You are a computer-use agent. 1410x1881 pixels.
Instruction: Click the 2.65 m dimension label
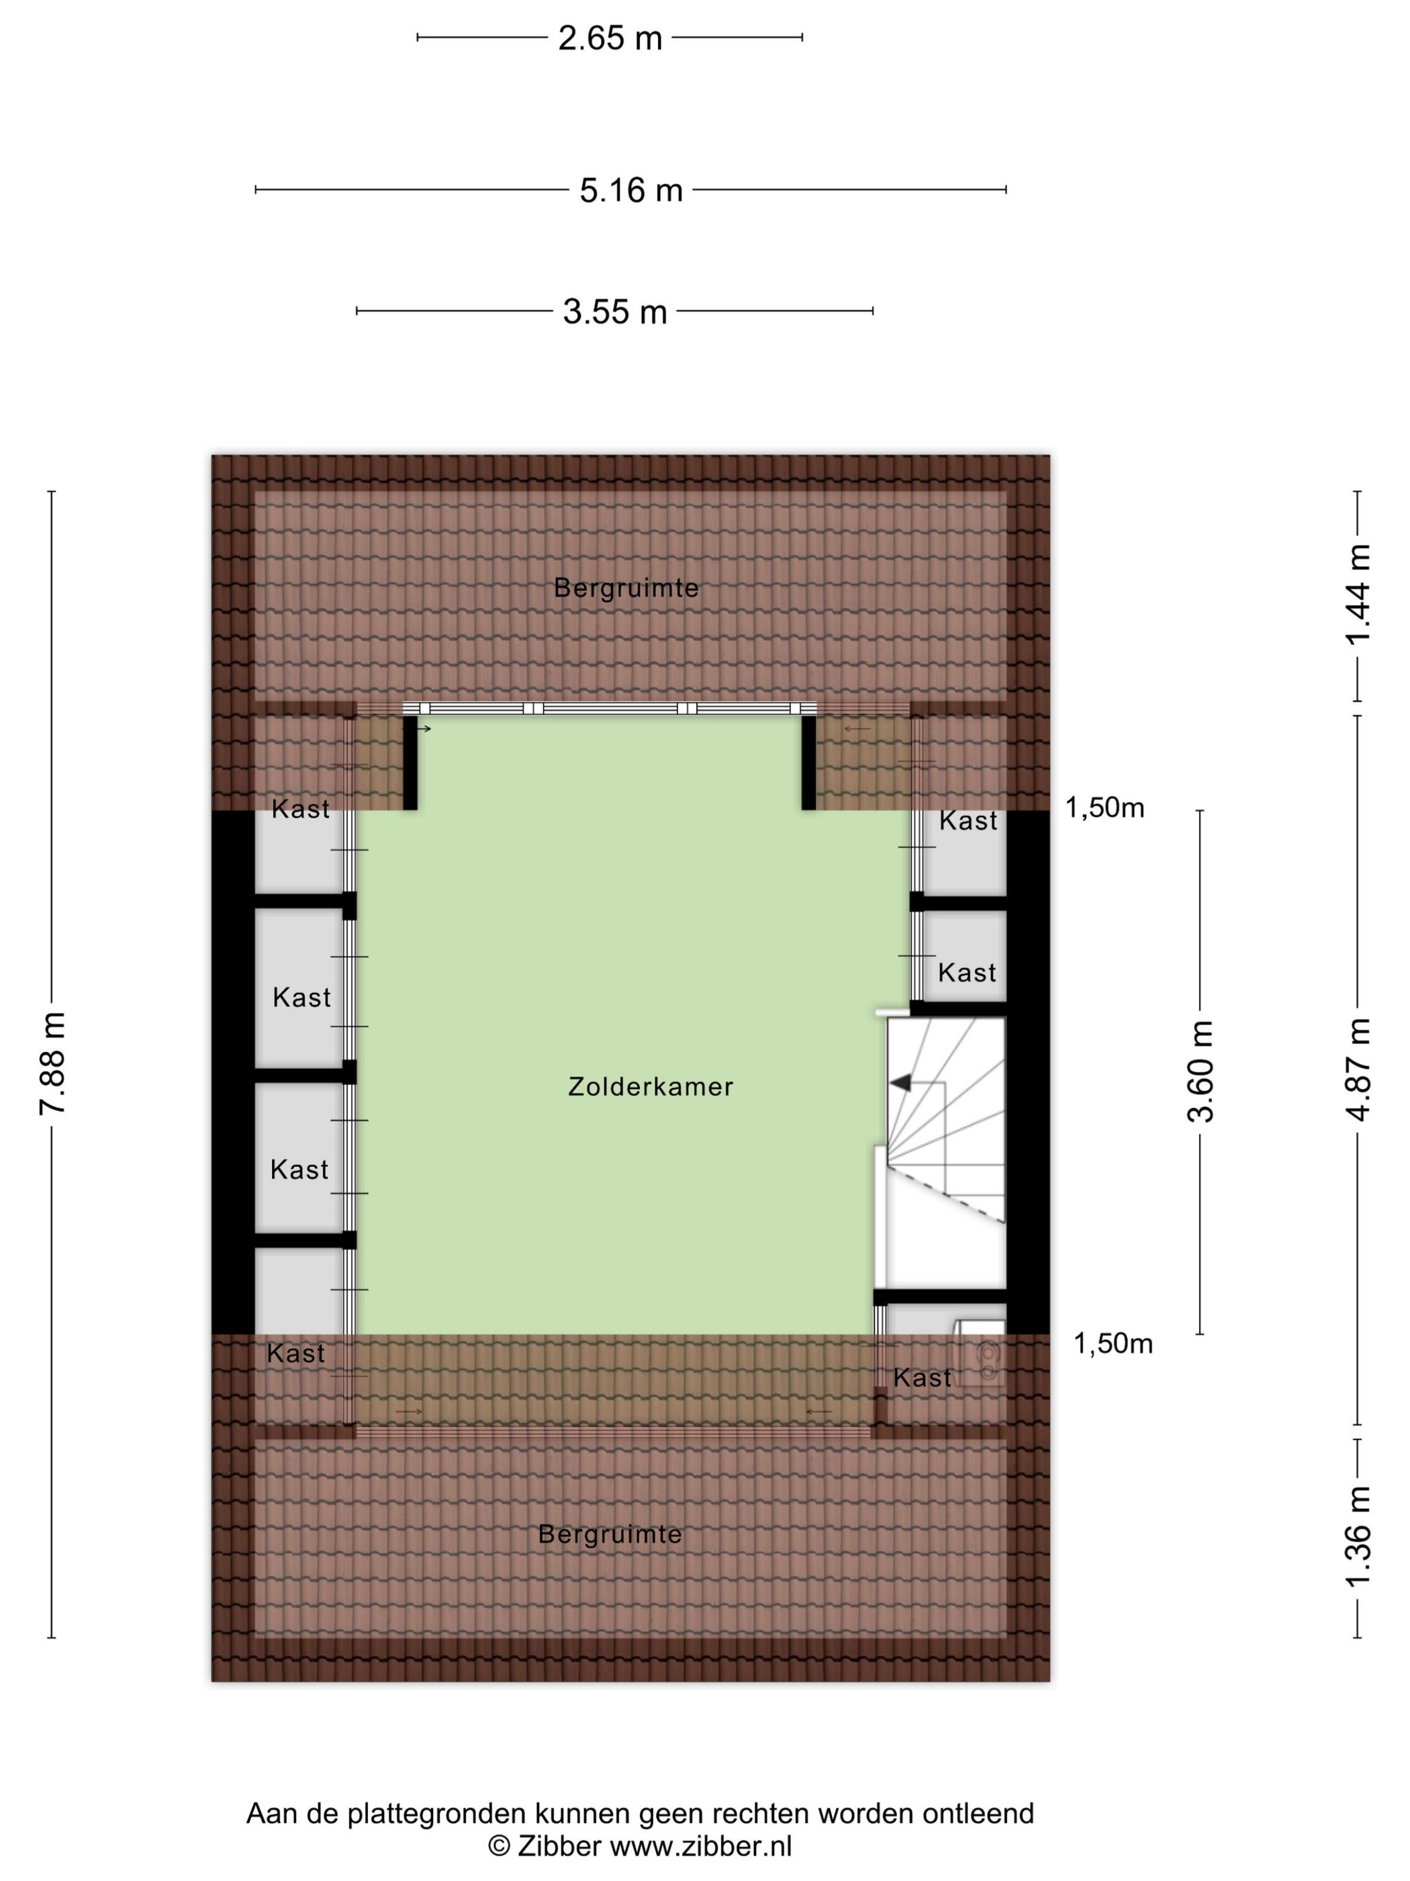pyautogui.click(x=610, y=38)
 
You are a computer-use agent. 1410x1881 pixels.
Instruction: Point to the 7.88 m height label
pyautogui.click(x=52, y=1064)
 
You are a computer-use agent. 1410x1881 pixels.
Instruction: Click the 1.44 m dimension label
pyautogui.click(x=1358, y=595)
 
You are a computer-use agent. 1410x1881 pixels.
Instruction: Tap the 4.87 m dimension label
pyautogui.click(x=1358, y=1069)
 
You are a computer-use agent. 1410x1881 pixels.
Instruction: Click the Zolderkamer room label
pyautogui.click(x=650, y=1087)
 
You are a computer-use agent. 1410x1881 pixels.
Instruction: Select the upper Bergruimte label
pyautogui.click(x=626, y=588)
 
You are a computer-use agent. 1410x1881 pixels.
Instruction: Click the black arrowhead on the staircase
pyautogui.click(x=900, y=1082)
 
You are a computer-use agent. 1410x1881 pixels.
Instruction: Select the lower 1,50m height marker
pyautogui.click(x=1113, y=1344)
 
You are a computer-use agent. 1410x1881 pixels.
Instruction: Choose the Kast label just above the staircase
pyautogui.click(x=968, y=973)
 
